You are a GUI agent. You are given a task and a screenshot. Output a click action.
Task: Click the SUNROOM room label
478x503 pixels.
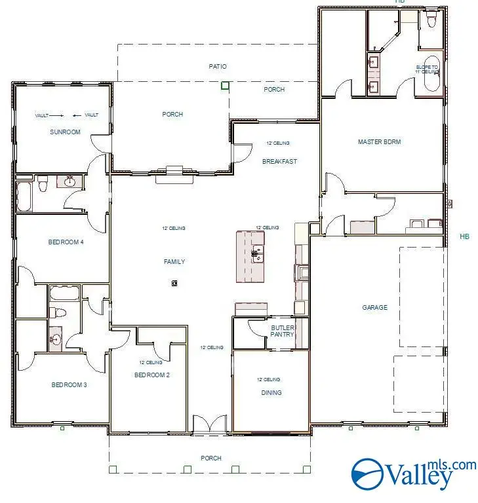click(x=65, y=132)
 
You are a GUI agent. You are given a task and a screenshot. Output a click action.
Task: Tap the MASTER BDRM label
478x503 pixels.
click(x=379, y=141)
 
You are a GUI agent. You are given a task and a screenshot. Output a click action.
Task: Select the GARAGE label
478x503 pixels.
click(x=375, y=307)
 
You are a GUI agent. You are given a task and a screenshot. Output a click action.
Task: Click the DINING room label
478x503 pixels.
click(x=271, y=393)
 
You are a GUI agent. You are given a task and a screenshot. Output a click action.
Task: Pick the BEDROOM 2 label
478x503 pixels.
click(x=152, y=375)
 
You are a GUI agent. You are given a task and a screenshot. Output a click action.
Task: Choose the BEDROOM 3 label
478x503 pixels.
click(x=70, y=384)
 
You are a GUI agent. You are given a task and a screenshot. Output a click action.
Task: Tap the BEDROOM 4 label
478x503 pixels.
click(x=66, y=242)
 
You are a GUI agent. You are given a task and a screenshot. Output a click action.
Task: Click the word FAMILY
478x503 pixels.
click(x=174, y=261)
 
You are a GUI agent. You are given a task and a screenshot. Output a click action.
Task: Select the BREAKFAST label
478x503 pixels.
click(x=280, y=161)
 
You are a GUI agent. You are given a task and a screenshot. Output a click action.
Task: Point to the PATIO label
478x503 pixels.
click(x=218, y=66)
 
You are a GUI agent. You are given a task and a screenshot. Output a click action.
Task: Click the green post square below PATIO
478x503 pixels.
click(x=225, y=85)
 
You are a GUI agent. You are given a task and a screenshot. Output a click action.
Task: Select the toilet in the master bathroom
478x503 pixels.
click(x=431, y=21)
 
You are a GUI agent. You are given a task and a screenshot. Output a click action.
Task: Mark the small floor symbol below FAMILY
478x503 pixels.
click(x=174, y=283)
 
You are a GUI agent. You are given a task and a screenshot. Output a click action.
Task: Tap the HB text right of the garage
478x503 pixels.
click(x=464, y=236)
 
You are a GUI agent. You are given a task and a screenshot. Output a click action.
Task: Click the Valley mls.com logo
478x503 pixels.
click(x=413, y=473)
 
